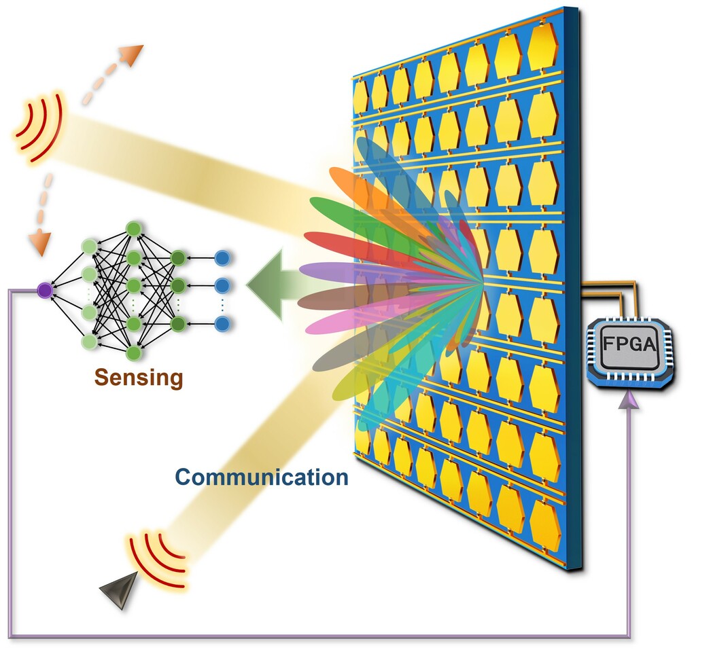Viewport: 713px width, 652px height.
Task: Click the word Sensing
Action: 139,378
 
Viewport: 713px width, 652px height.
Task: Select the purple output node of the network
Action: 45,290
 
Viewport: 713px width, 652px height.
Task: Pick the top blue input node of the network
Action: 222,258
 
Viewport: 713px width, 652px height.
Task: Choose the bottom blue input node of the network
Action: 222,323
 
